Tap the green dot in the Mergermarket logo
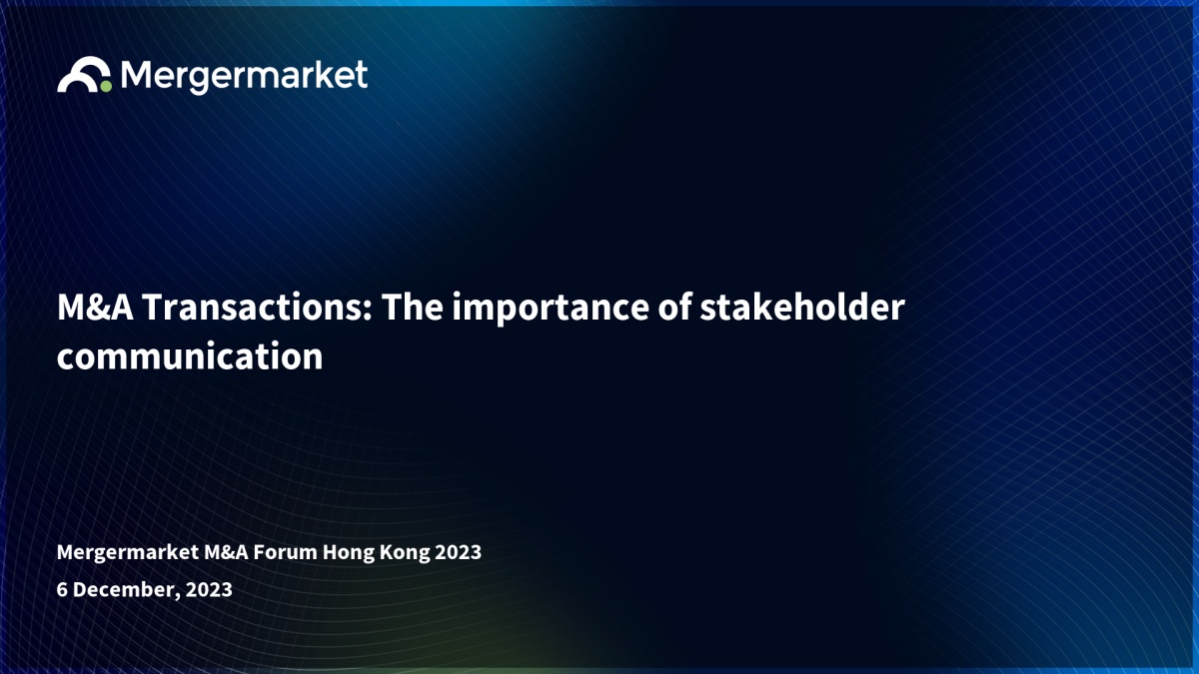click(106, 86)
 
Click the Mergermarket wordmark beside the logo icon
click(244, 77)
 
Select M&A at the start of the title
click(95, 308)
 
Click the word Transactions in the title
click(252, 308)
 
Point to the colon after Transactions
click(368, 311)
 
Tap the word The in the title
click(412, 308)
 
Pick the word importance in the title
click(551, 310)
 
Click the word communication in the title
click(190, 355)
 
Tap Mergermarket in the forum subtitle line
click(128, 552)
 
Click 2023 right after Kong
click(459, 552)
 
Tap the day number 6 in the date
click(62, 589)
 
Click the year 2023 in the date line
click(209, 589)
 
